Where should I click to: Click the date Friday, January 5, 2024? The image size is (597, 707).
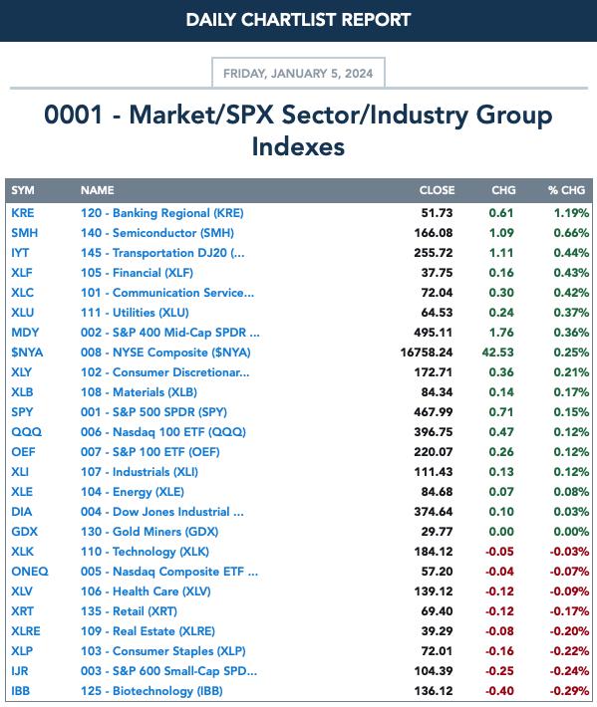298,74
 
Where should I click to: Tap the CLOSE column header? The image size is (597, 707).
437,190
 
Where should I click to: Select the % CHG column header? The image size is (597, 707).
566,190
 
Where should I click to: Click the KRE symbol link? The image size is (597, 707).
23,213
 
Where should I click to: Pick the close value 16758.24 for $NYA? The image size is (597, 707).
427,353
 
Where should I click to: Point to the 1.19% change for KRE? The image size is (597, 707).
571,213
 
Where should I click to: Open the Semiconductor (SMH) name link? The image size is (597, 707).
157,233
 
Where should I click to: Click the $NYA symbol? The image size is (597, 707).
27,353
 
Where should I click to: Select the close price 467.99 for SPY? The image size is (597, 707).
434,412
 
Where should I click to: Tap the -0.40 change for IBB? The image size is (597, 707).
499,691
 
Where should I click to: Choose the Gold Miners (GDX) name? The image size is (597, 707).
149,532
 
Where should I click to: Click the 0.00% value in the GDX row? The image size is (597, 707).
571,532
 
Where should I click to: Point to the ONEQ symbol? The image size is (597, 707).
30,572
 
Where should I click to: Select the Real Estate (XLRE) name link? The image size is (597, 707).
148,631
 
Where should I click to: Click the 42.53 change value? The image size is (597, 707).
497,353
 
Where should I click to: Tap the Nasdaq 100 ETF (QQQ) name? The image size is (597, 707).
163,432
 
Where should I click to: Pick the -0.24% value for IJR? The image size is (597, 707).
569,671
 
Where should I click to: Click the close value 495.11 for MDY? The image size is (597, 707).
434,333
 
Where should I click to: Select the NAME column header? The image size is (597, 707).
97,190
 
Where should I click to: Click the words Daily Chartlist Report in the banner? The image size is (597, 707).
298,20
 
